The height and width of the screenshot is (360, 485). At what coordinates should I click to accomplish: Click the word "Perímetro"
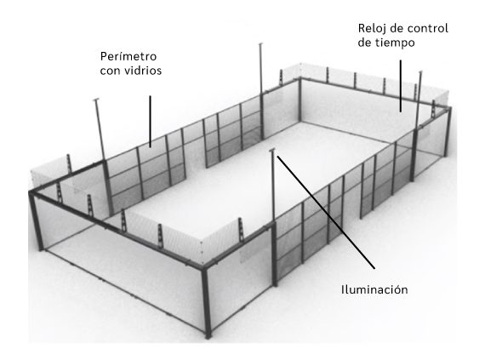128,57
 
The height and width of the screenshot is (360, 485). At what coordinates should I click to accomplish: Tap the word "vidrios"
143,71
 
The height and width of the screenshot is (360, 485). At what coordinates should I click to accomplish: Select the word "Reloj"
370,29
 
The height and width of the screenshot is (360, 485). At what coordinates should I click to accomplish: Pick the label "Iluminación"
374,290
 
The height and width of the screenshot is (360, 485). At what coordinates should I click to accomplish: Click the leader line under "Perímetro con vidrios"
151,121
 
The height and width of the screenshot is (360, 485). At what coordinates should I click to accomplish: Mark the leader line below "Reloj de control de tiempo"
401,86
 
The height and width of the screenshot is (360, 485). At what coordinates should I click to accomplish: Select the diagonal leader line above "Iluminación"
326,212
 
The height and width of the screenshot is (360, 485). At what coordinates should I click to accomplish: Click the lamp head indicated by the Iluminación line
272,151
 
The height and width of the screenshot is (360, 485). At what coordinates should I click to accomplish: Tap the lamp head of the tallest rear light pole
260,44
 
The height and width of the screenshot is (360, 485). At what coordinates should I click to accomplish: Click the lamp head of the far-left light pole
96,100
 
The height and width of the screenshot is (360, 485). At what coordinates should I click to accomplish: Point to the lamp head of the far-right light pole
420,72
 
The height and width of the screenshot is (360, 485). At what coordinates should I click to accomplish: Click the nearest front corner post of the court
206,301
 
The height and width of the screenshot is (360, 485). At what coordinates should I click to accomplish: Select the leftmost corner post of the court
37,220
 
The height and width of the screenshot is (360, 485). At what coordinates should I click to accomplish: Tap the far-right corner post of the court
448,131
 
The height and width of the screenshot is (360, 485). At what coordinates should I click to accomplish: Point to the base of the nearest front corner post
208,336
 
